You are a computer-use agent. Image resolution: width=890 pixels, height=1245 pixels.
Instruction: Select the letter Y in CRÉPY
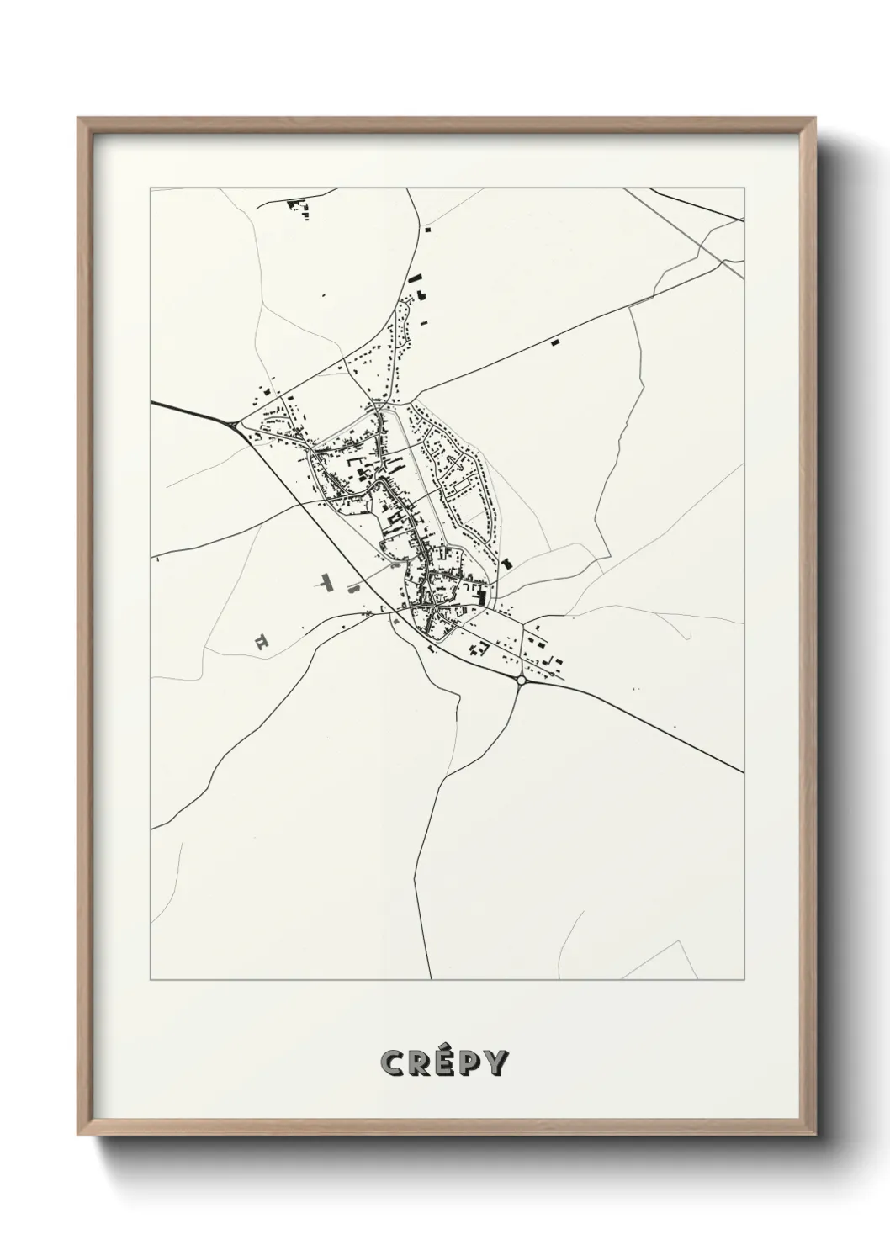coord(496,1063)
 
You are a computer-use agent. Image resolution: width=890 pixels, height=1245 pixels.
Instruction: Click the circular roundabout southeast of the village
coord(522,679)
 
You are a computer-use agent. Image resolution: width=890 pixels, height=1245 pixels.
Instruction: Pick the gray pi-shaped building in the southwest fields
coord(262,642)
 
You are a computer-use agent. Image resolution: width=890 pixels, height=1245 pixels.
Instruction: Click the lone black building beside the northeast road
coord(554,342)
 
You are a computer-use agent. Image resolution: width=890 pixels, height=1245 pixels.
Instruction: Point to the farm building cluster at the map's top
coord(297,206)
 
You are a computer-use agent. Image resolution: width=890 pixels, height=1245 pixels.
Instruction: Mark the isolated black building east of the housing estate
coord(506,563)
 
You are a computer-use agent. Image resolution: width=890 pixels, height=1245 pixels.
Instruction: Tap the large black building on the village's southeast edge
coord(480,596)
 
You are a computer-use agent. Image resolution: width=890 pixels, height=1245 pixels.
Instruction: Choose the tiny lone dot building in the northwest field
coord(324,294)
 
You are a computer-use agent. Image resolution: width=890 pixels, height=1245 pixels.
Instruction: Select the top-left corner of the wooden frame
coord(78,119)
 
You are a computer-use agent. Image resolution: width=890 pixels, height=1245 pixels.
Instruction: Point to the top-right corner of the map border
coord(744,188)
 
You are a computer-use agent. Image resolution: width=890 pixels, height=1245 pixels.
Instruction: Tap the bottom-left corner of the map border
coord(151,979)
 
